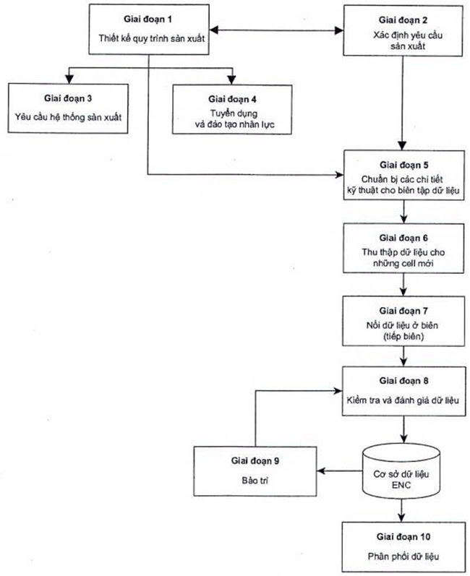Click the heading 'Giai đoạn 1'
tap(148, 19)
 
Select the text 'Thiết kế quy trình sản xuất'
tap(151, 38)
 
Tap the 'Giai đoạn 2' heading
tap(403, 20)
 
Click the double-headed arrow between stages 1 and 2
tap(276, 30)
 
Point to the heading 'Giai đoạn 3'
tap(68, 98)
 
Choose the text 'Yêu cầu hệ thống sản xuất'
tap(68, 117)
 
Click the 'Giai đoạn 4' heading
tap(232, 99)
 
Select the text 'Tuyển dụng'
tap(234, 113)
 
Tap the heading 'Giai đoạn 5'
tap(404, 166)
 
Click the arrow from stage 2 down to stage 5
tap(402, 103)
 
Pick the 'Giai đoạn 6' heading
tap(403, 238)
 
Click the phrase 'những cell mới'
tap(403, 263)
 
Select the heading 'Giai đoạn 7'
tap(403, 311)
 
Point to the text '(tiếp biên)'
tap(403, 337)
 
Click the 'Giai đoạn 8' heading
tap(404, 381)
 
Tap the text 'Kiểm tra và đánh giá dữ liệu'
tap(403, 400)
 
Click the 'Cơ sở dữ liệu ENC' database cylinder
tap(401, 471)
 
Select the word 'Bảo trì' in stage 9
tap(255, 481)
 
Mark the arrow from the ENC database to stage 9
tap(340, 471)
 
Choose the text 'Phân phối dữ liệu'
tap(403, 556)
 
